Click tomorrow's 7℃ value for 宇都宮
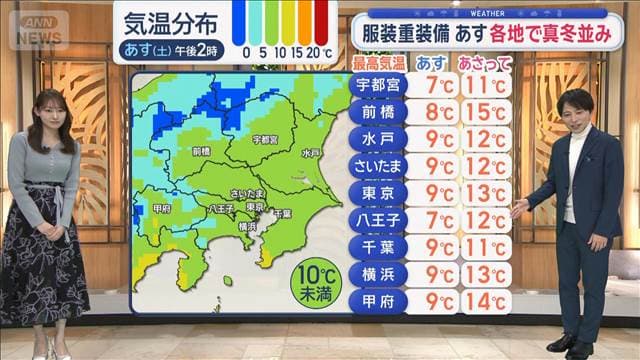point(432,85)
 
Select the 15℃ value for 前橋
point(483,112)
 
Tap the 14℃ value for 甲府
point(483,300)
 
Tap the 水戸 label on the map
point(310,153)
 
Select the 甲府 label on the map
point(162,208)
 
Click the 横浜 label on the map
point(246,226)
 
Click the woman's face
point(53,107)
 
